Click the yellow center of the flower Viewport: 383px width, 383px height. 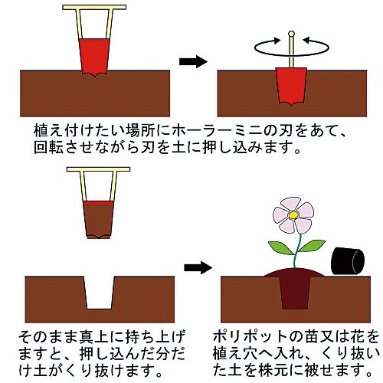pyautogui.click(x=293, y=215)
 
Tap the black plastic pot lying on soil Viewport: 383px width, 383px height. pyautogui.click(x=348, y=261)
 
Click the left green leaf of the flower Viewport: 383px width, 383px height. pyautogui.click(x=281, y=247)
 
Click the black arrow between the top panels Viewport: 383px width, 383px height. pyautogui.click(x=193, y=61)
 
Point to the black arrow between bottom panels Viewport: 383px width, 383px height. pyautogui.click(x=198, y=267)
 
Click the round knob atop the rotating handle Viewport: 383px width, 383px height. pyautogui.click(x=291, y=34)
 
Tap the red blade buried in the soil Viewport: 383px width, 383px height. pyautogui.click(x=291, y=87)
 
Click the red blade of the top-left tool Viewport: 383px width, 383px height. pyautogui.click(x=94, y=57)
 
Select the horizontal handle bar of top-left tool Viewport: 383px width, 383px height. pyautogui.click(x=94, y=7)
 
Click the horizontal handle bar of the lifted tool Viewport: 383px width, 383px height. pyautogui.click(x=99, y=169)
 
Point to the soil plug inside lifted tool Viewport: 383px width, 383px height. pyautogui.click(x=99, y=221)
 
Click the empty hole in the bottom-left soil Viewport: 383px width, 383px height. pyautogui.click(x=99, y=293)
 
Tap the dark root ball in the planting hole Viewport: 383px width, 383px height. pyautogui.click(x=294, y=293)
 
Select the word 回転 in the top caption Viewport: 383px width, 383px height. pyautogui.click(x=48, y=147)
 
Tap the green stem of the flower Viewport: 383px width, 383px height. pyautogui.click(x=297, y=251)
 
